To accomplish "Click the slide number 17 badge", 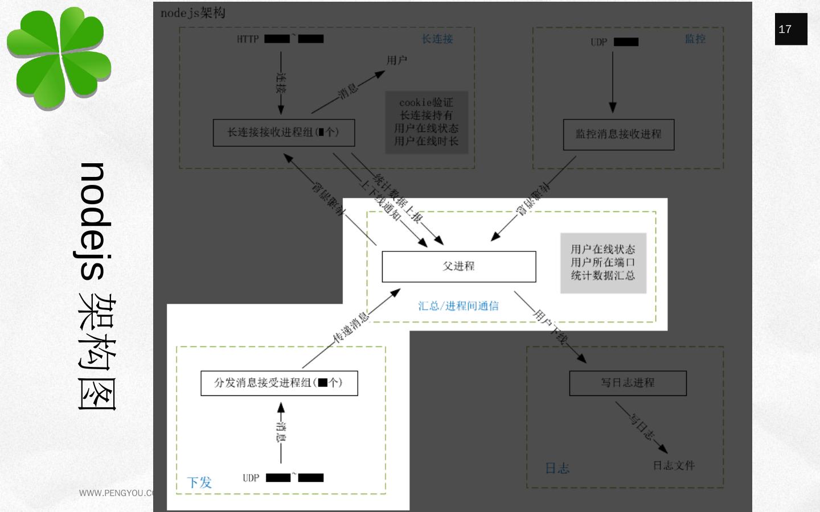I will pyautogui.click(x=790, y=29).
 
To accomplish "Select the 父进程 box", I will pyautogui.click(x=458, y=266).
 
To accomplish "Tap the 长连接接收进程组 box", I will pyautogui.click(x=284, y=133).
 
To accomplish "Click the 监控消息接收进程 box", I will pyautogui.click(x=618, y=134).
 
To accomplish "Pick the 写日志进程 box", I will pyautogui.click(x=628, y=383).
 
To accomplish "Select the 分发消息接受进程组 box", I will pyautogui.click(x=279, y=383).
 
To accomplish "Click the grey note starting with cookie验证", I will pyautogui.click(x=427, y=122).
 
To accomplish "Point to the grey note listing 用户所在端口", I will pyautogui.click(x=603, y=262).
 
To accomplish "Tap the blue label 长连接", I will pyautogui.click(x=437, y=39).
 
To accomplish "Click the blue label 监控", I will pyautogui.click(x=695, y=39).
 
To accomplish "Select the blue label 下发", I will pyautogui.click(x=199, y=482).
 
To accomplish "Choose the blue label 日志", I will pyautogui.click(x=557, y=468).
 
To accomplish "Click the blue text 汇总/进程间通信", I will pyautogui.click(x=458, y=306).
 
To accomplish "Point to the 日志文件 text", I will pyautogui.click(x=674, y=465).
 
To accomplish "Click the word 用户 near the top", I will pyautogui.click(x=396, y=60).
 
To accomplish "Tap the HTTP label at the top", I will pyautogui.click(x=248, y=39).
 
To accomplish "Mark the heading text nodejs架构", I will pyautogui.click(x=193, y=13).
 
